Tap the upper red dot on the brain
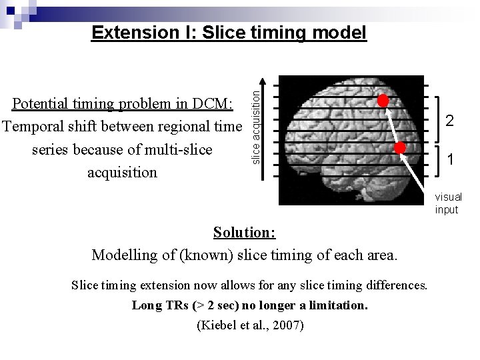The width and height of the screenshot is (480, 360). pos(383,101)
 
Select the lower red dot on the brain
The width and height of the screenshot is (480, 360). pos(399,148)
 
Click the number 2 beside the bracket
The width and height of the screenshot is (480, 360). pos(450,121)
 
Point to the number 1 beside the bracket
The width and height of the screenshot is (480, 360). pos(451,159)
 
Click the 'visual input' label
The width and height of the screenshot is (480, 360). pos(448,203)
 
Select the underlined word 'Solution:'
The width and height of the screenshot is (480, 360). pos(244,233)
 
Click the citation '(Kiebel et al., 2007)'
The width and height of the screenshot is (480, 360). pos(250,325)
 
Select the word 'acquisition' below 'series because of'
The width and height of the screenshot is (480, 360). pos(122,173)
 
